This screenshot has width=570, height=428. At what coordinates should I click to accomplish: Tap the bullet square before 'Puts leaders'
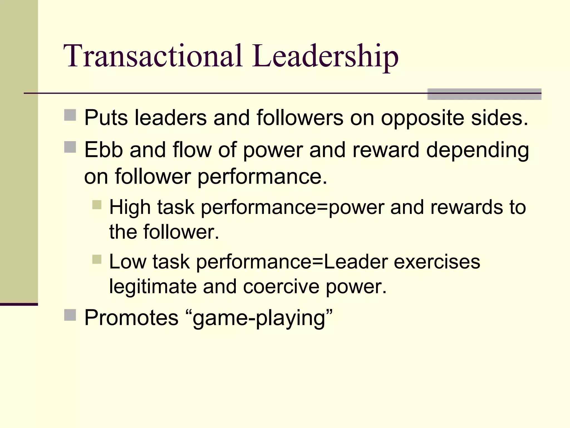[x=70, y=115]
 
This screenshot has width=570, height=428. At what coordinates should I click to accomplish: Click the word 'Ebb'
[x=104, y=150]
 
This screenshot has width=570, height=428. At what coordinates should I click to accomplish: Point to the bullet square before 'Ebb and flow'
[x=70, y=147]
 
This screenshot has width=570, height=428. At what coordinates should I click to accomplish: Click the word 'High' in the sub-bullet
[x=130, y=207]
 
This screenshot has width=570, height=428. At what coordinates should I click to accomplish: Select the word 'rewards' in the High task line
[x=466, y=207]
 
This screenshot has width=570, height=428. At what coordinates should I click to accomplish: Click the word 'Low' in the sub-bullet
[x=127, y=262]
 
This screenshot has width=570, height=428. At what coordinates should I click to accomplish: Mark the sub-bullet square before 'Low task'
[x=97, y=259]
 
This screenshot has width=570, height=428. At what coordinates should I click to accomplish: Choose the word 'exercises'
[x=437, y=262]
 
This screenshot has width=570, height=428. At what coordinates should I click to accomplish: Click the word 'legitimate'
[x=153, y=287]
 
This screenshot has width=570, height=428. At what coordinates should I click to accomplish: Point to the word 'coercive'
[x=281, y=287]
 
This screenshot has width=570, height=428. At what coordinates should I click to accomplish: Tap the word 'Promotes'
[x=131, y=318]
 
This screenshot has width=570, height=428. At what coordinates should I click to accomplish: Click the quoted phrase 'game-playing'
[x=259, y=318]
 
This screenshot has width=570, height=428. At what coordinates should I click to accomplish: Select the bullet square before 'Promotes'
[x=70, y=315]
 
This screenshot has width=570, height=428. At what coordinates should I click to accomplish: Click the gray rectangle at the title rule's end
[x=484, y=94]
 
